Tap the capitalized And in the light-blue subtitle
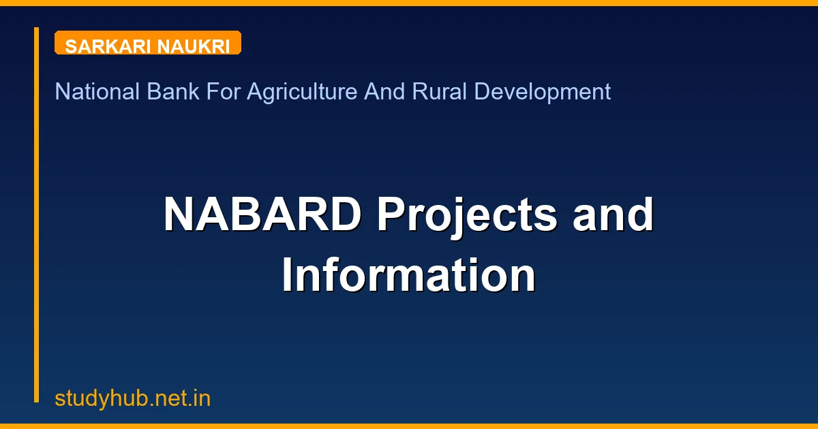point(384,91)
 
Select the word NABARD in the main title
point(262,214)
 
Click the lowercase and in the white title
point(613,214)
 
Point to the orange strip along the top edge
point(409,3)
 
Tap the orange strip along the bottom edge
point(409,426)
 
